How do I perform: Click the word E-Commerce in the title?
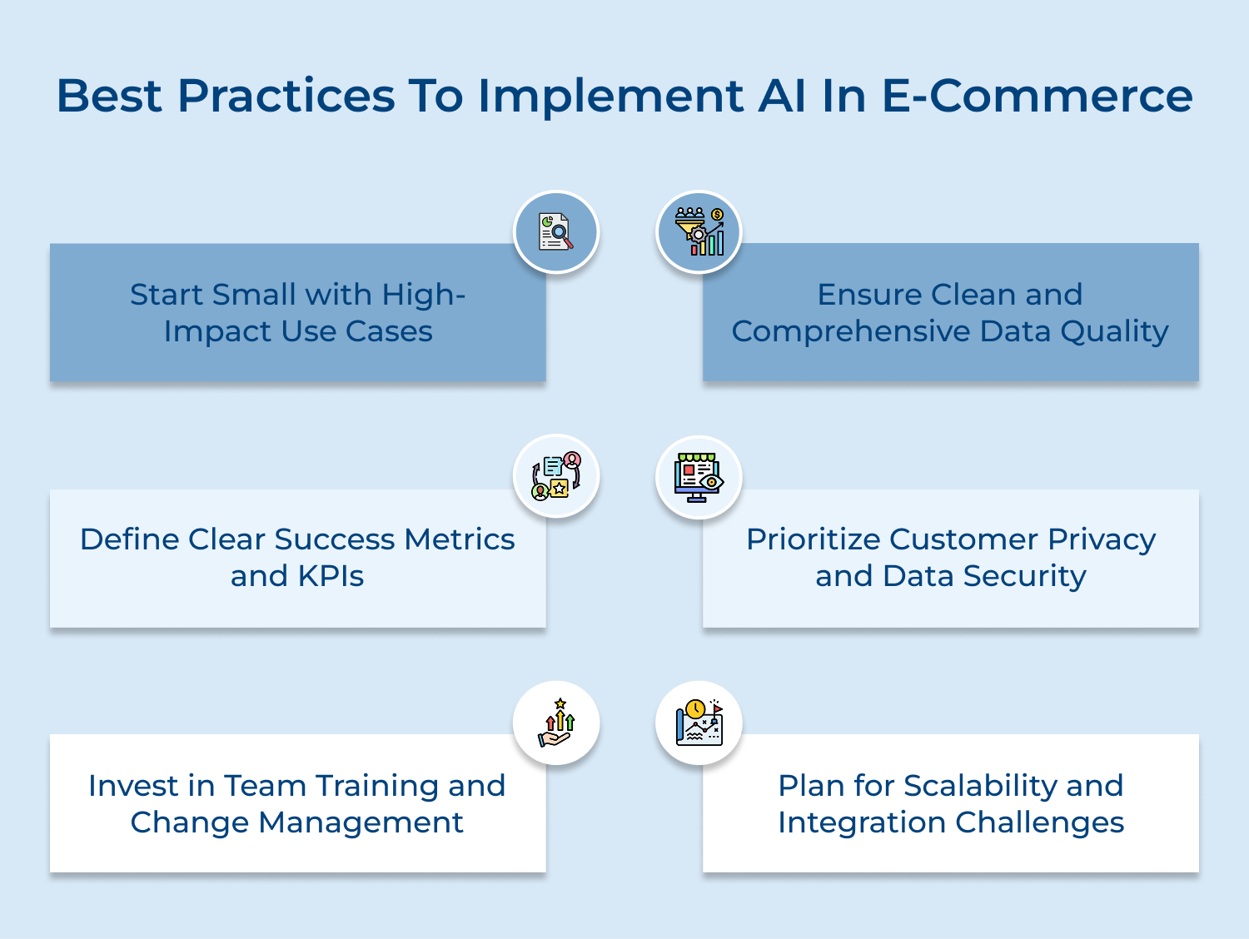click(1037, 96)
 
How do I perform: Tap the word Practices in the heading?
click(286, 96)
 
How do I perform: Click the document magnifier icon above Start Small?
click(556, 232)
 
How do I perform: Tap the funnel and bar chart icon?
click(699, 232)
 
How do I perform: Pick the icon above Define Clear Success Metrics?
click(556, 477)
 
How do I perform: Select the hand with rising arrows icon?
click(556, 723)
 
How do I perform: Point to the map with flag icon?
click(699, 723)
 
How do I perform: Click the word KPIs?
click(331, 576)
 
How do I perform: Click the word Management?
click(361, 822)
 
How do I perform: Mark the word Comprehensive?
click(851, 332)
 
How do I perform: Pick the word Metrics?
click(460, 539)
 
